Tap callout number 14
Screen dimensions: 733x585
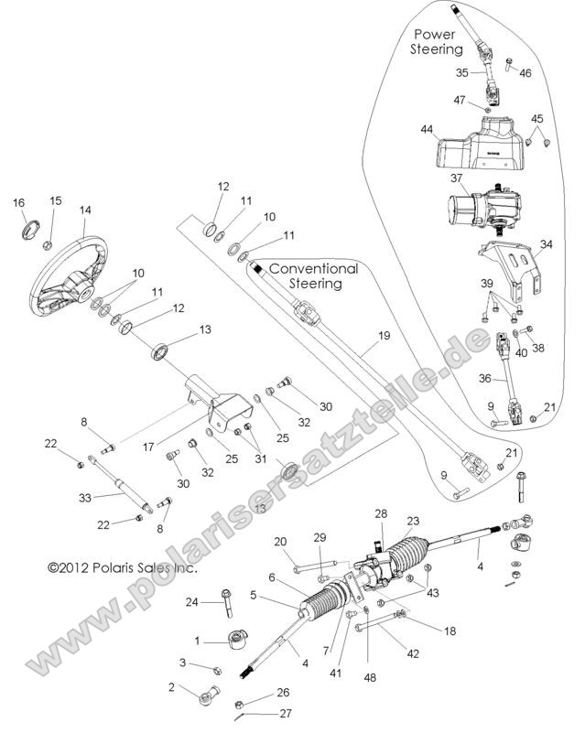(85, 210)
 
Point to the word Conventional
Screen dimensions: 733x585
(313, 270)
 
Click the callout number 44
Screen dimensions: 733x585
(427, 131)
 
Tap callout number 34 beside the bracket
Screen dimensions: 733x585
(547, 244)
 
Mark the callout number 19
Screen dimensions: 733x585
(384, 336)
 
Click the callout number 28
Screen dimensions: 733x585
(380, 513)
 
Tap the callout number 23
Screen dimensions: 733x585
(413, 521)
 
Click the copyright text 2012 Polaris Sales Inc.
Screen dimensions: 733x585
(122, 567)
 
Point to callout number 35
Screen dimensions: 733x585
(462, 71)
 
